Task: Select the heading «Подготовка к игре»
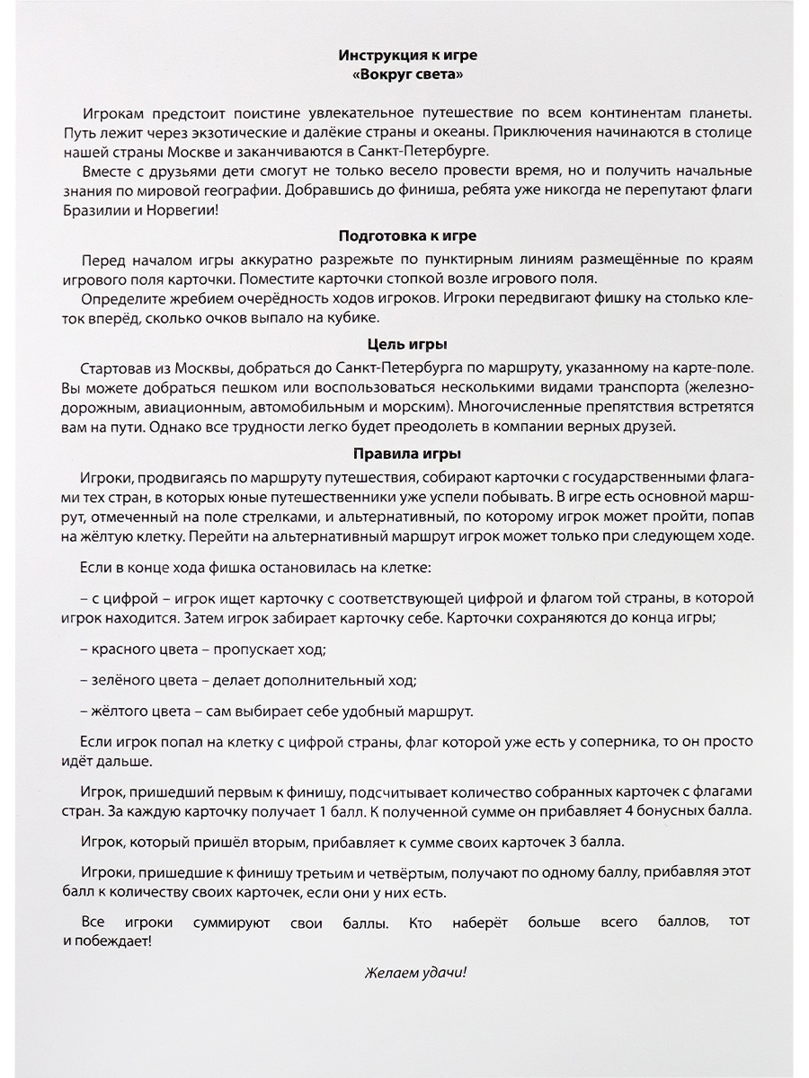[407, 236]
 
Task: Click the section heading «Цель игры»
[407, 344]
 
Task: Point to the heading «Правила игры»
[407, 454]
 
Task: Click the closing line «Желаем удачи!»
[416, 973]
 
